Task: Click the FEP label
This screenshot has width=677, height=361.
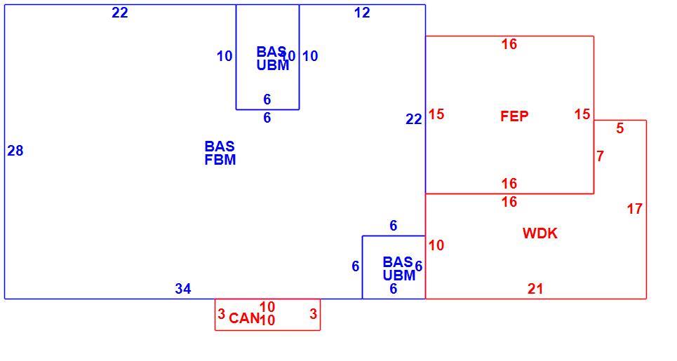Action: [x=514, y=116]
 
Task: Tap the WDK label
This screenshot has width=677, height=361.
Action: [x=539, y=233]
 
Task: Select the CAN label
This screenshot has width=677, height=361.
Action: [x=244, y=318]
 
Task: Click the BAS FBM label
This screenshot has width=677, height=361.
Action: [x=220, y=153]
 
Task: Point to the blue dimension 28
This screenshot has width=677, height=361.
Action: [x=15, y=151]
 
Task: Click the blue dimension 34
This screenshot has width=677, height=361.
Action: [x=183, y=289]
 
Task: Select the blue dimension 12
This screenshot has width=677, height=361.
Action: [x=362, y=13]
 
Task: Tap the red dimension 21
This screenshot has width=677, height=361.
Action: [x=535, y=289]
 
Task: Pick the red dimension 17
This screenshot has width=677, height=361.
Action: [x=635, y=209]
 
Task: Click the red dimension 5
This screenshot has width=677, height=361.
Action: [x=620, y=128]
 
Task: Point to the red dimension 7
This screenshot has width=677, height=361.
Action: [x=600, y=156]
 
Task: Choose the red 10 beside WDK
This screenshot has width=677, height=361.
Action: [x=436, y=245]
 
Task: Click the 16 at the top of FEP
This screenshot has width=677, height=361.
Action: [x=509, y=44]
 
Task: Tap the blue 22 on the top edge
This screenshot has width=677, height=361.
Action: [x=120, y=13]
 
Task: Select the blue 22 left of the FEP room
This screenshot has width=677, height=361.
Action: [x=414, y=119]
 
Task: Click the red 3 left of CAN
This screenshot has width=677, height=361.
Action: [x=222, y=314]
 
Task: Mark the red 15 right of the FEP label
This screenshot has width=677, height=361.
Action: [x=582, y=114]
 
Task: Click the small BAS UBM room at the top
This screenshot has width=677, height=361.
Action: [x=267, y=57]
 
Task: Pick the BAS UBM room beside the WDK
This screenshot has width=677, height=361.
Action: [x=394, y=267]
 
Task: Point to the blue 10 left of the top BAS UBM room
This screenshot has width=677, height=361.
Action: [x=224, y=56]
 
